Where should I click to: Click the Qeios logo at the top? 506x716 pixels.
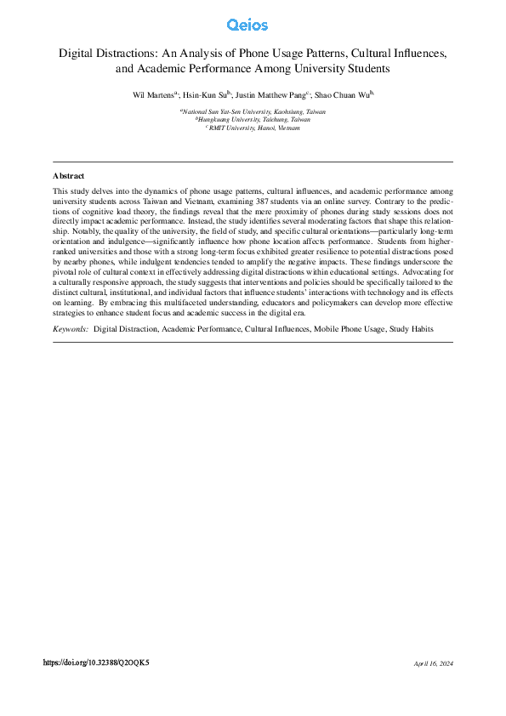(253, 25)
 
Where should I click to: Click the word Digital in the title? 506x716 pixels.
(76, 53)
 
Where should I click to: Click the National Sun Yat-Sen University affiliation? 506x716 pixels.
(253, 111)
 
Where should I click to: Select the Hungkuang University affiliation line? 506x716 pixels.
(253, 120)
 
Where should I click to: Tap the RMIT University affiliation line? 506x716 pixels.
(253, 128)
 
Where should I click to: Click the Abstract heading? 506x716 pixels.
(68, 176)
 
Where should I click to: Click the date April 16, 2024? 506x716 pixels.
(434, 663)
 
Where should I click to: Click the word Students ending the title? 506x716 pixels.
(367, 67)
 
